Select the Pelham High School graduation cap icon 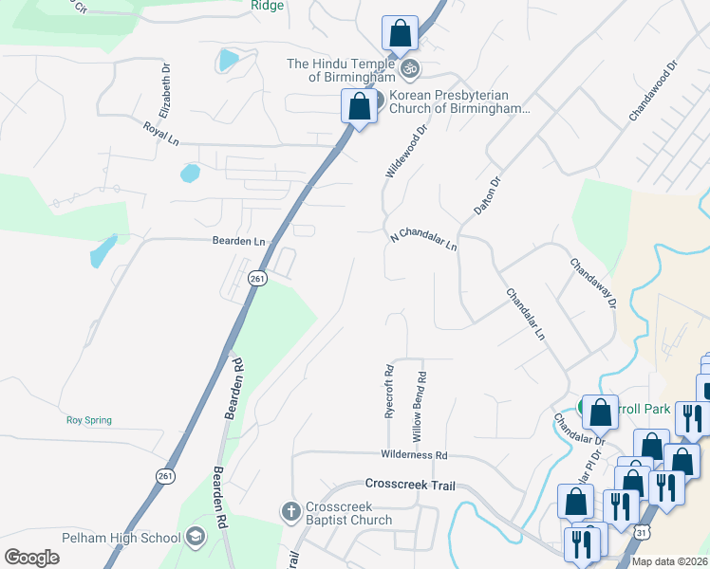coord(196,538)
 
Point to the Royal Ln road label coord(160,132)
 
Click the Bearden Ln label coord(238,242)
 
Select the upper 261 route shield coord(256,278)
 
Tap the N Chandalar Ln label coord(423,239)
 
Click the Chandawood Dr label coord(652,92)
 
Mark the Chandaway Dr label coord(593,283)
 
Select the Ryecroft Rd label coord(389,393)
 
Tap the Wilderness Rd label coord(413,455)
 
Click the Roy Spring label coord(88,420)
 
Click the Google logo coord(31,557)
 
